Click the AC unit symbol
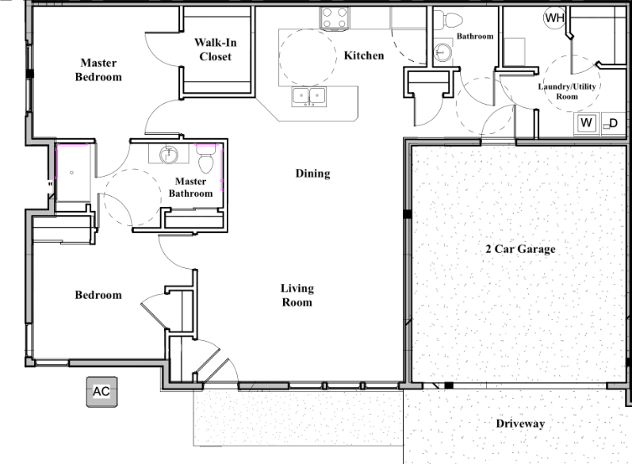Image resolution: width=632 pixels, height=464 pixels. [x=101, y=392]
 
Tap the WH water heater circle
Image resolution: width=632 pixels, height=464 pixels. [x=552, y=17]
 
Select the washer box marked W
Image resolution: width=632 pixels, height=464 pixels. [x=587, y=123]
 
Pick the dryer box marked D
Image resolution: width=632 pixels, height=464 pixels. [x=611, y=123]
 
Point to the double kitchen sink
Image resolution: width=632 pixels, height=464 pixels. [x=310, y=97]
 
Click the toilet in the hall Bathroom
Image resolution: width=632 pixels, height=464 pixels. [x=449, y=20]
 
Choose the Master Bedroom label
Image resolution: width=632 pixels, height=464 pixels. [x=98, y=70]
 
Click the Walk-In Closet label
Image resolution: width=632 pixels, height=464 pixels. [x=216, y=50]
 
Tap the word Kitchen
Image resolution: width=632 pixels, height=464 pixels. [x=364, y=56]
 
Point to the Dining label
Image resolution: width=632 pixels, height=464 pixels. [x=312, y=174]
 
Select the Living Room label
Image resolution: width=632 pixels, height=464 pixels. [x=297, y=295]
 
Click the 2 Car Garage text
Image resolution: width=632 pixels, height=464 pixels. [x=520, y=249]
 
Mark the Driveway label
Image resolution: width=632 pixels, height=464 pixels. [x=520, y=424]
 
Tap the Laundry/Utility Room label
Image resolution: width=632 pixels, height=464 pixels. [x=567, y=90]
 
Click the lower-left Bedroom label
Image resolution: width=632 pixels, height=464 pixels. [x=98, y=295]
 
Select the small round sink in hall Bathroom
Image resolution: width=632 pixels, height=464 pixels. [x=442, y=53]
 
